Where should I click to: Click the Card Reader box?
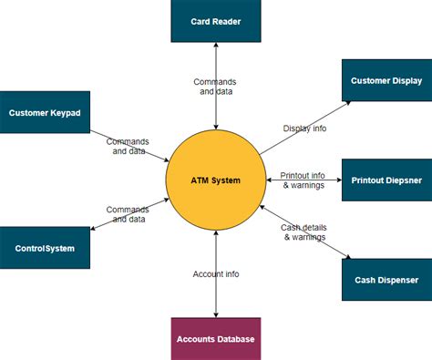click(216, 21)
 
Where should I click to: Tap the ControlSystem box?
click(46, 247)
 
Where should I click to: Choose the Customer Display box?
click(386, 81)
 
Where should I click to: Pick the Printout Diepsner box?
click(386, 180)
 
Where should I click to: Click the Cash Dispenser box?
click(386, 280)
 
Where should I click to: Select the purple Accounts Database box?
click(216, 339)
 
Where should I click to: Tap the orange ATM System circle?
click(216, 180)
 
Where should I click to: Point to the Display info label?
click(304, 129)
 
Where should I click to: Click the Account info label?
click(216, 273)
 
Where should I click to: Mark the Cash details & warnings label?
click(303, 231)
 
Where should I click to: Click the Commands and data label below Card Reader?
click(216, 87)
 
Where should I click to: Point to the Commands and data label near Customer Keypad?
click(128, 146)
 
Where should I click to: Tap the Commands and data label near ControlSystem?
click(128, 214)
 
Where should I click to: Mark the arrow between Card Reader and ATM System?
click(216, 109)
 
